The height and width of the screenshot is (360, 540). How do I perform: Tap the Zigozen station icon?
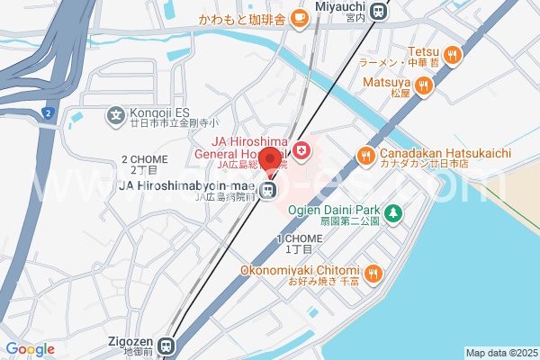(x=166, y=345)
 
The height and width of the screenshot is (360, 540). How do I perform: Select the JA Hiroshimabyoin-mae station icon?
(x=268, y=190)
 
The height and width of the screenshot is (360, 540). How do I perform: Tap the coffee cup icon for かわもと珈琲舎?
(x=299, y=18)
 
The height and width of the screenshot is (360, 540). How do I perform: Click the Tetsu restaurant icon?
(x=452, y=54)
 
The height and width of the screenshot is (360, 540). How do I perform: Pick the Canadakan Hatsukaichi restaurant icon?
(x=366, y=155)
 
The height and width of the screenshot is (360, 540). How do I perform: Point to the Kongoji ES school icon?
(x=115, y=115)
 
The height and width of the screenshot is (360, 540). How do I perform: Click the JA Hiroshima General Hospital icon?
(x=303, y=149)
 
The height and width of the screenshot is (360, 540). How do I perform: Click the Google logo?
(x=30, y=348)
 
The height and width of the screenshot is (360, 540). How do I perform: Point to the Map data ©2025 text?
(x=500, y=353)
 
